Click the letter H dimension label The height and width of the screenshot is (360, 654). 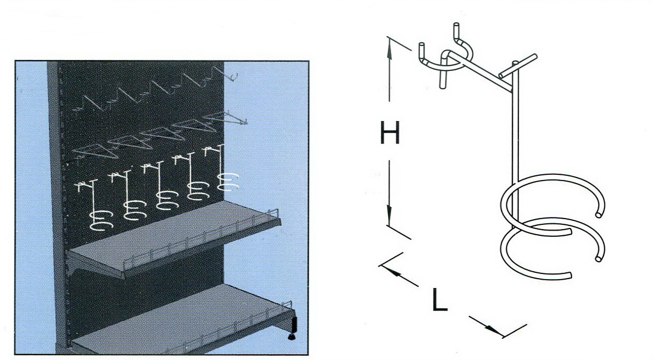390,133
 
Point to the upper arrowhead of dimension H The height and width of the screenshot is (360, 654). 389,48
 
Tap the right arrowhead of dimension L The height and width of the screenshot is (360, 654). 494,330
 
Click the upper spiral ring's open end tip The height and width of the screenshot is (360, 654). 598,215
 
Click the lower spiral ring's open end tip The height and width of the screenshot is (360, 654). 598,259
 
